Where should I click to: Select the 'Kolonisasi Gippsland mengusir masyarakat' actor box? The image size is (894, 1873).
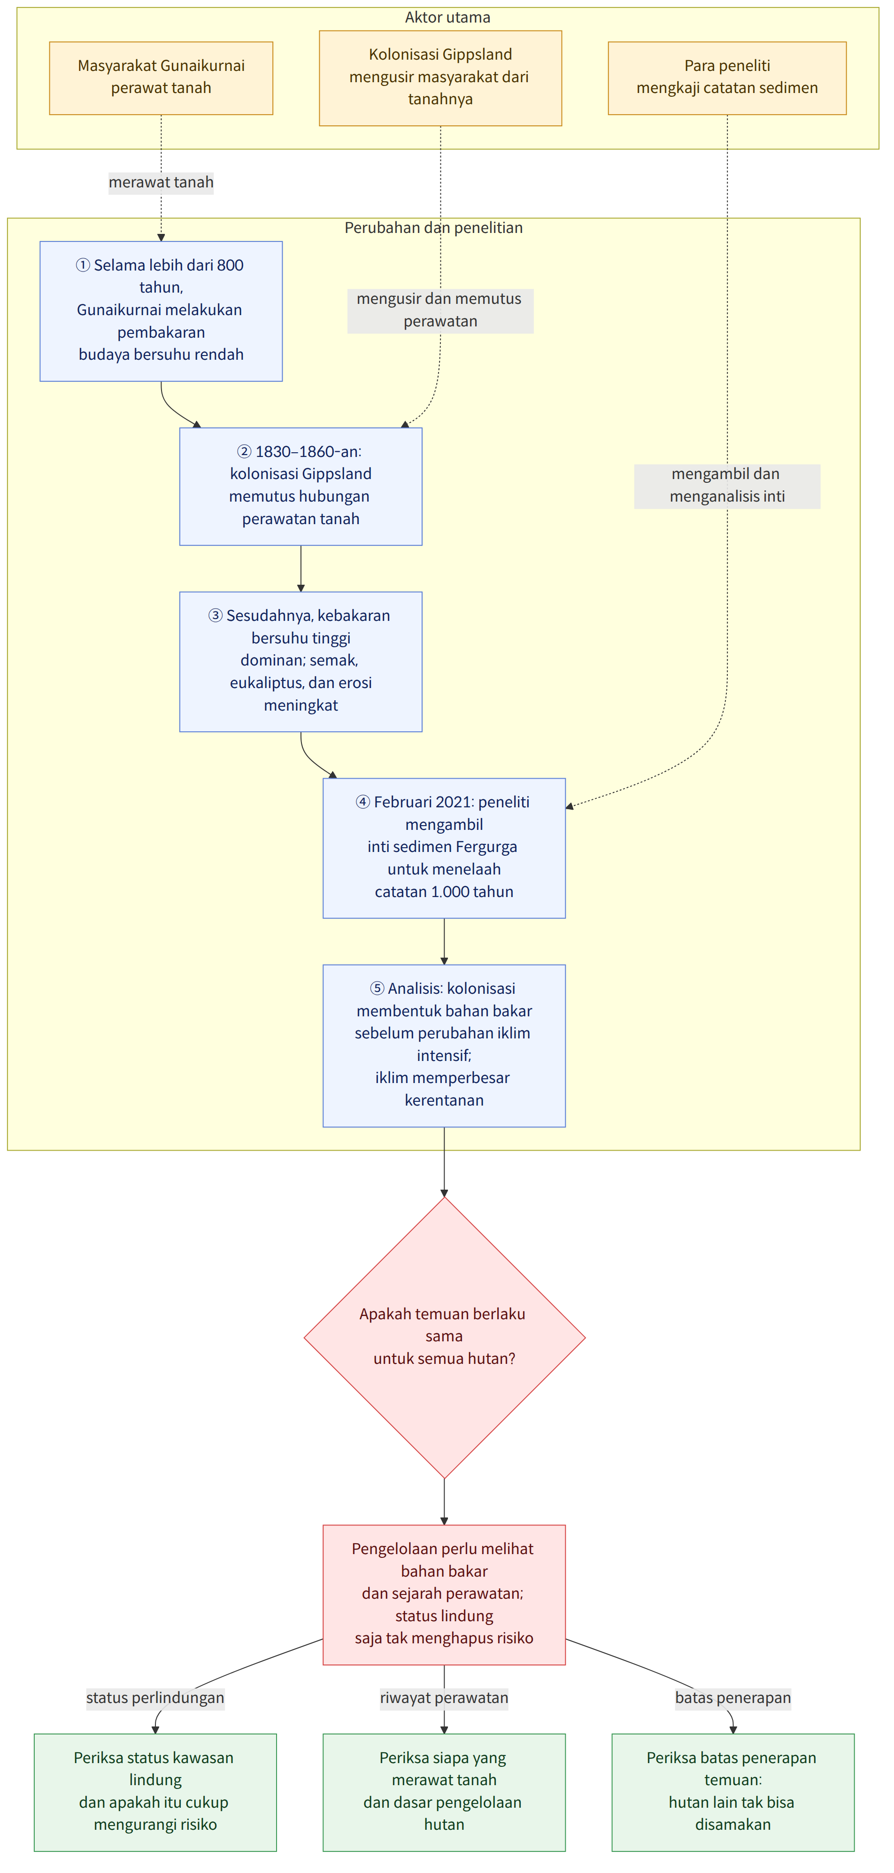(x=440, y=78)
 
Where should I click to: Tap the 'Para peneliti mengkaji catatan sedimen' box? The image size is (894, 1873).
(x=727, y=78)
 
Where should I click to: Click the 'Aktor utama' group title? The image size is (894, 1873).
(x=448, y=17)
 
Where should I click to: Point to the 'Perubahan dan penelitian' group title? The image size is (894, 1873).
(x=433, y=228)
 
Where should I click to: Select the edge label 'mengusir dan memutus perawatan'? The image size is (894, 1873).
(x=440, y=310)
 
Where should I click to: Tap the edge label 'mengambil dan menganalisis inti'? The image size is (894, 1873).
(x=727, y=486)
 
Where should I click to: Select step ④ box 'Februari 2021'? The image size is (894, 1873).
(x=444, y=848)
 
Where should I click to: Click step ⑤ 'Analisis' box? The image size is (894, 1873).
(x=444, y=1045)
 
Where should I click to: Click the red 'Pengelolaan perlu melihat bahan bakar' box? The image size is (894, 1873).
(x=444, y=1594)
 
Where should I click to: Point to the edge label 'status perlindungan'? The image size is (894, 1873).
(x=155, y=1698)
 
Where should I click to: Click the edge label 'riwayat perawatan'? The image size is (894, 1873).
(x=444, y=1698)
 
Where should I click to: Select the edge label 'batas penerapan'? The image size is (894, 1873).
(x=732, y=1698)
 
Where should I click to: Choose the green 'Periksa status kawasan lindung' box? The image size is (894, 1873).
(x=155, y=1792)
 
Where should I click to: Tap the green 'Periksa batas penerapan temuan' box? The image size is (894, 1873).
(x=732, y=1792)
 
